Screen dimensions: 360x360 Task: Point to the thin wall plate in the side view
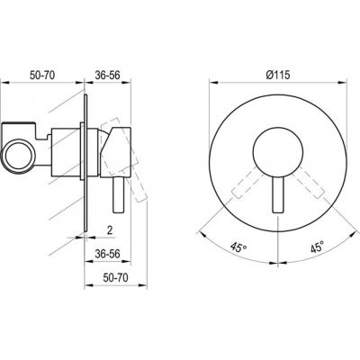click(86, 148)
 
